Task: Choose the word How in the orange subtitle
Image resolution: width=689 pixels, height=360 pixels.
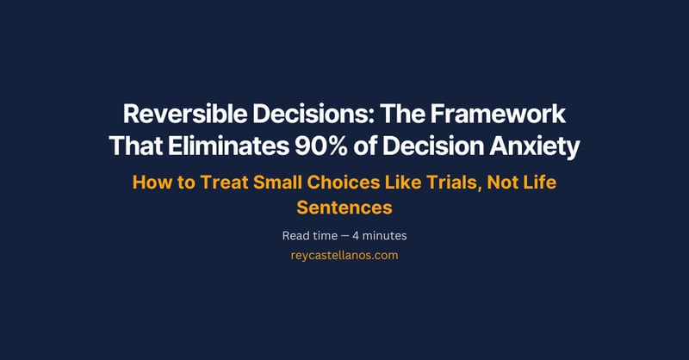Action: (x=149, y=183)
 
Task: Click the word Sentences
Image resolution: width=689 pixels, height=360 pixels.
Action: (x=344, y=208)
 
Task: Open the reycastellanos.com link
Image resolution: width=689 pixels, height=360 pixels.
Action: (x=344, y=256)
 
